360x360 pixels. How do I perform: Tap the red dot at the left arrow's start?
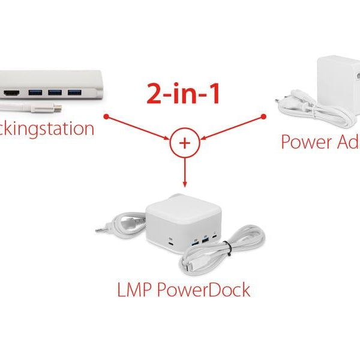click(106, 116)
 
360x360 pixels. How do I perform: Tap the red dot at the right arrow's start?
click(263, 116)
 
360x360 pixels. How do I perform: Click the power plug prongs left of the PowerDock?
click(100, 229)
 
